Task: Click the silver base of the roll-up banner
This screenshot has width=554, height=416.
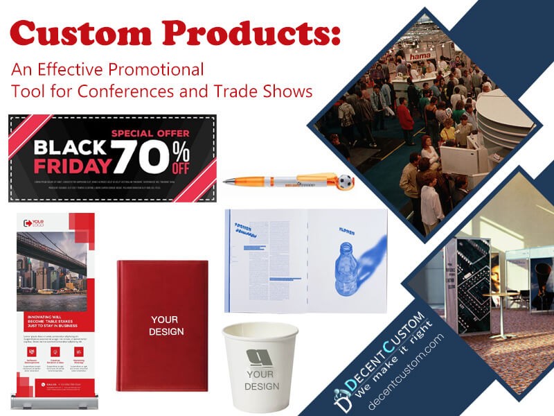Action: pos(52,403)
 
